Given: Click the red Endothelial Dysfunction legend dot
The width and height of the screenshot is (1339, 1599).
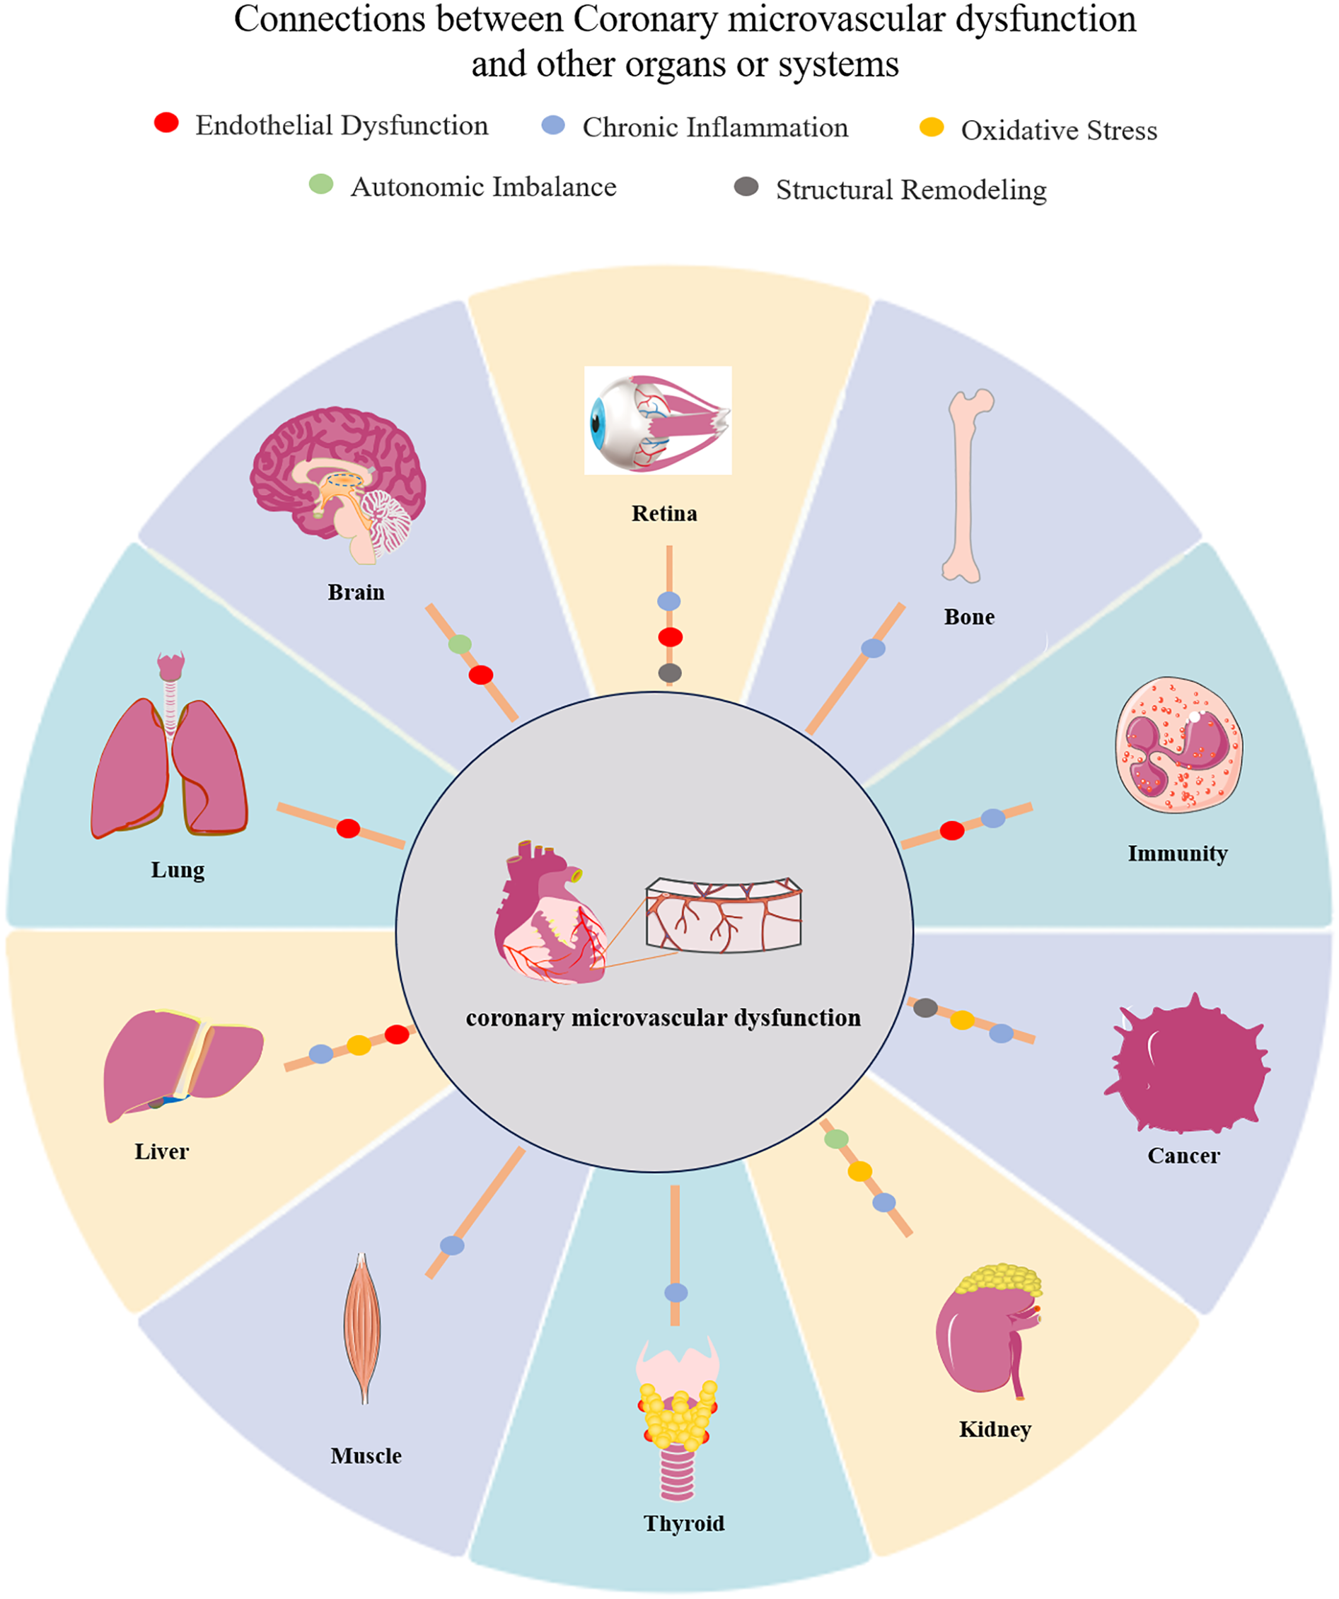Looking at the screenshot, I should point(166,122).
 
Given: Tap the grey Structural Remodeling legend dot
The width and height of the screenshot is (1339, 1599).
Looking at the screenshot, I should point(746,187).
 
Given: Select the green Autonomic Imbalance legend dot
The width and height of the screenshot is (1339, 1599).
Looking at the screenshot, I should point(320,183).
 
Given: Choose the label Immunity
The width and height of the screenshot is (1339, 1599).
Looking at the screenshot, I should point(1177,854).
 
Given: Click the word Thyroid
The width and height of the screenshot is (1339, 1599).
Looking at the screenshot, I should point(684,1523).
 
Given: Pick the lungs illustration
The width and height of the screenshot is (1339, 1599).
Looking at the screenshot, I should point(170,762).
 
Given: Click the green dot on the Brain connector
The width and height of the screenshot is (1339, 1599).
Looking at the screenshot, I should point(459,644).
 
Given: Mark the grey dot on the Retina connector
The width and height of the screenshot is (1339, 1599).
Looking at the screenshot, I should point(669,673).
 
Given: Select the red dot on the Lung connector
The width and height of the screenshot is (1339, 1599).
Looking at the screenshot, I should point(348,828).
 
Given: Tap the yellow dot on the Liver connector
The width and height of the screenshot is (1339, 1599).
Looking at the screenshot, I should point(359,1045).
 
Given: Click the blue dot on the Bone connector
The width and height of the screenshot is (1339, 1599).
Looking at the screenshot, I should point(873,648).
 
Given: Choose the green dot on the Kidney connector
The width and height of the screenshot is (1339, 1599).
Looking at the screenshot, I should point(836,1139).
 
